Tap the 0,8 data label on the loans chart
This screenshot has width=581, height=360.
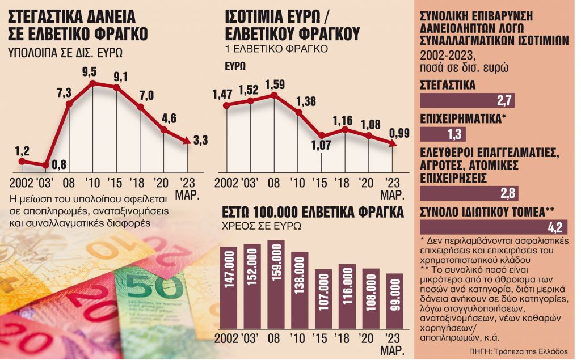59,165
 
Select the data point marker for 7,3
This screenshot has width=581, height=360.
69,104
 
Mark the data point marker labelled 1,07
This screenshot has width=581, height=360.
322,136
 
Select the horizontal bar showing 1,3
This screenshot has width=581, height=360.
443,134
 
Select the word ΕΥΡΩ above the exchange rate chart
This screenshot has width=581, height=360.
235,66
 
